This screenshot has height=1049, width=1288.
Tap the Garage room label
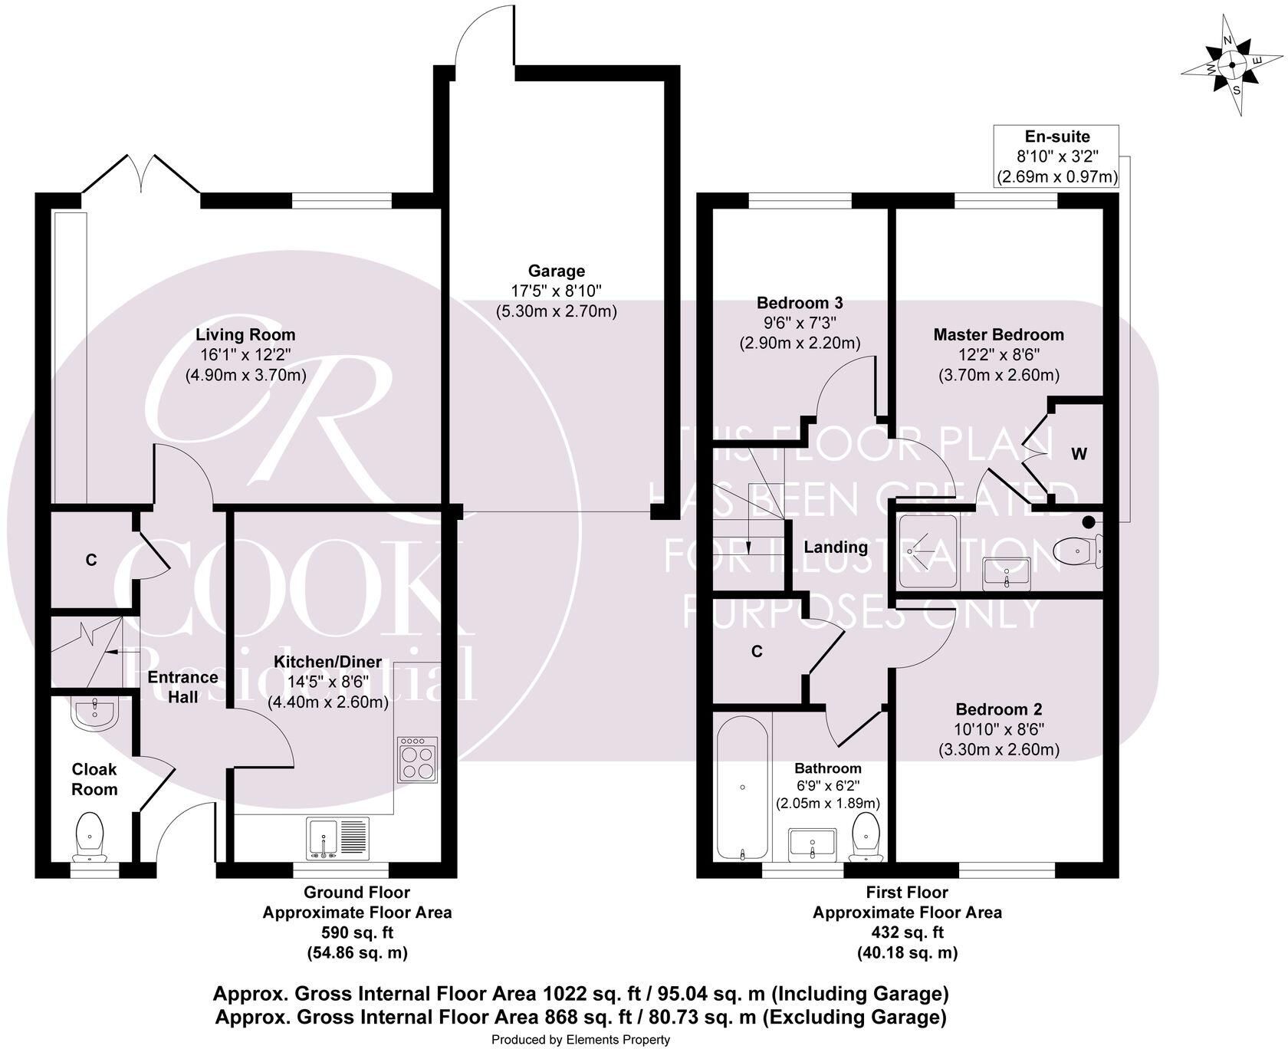point(556,271)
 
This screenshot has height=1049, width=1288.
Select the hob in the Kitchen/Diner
point(418,760)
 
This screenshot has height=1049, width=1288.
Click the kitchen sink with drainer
point(338,838)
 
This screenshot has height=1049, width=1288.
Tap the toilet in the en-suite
point(1076,550)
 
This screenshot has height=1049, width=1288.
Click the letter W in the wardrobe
point(1079,454)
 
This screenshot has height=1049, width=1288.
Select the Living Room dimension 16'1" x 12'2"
point(245,355)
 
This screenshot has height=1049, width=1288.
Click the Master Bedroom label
point(998,334)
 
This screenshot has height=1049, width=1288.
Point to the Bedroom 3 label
point(800,303)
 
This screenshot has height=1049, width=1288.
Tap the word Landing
point(835,547)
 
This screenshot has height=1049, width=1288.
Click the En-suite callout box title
point(1057,137)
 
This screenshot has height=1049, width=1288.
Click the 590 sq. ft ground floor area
point(356,932)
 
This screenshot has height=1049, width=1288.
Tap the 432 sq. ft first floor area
point(907,932)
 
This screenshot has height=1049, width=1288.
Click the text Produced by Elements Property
point(580,1039)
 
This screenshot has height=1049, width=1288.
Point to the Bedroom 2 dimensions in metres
point(998,749)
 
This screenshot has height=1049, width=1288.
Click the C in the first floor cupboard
point(757,652)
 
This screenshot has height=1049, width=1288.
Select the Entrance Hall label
point(182,687)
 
